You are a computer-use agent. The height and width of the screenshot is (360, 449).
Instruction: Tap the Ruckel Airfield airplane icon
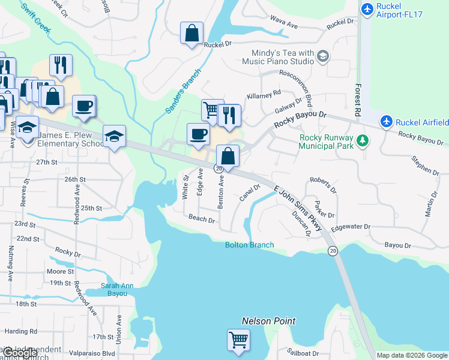point(387,122)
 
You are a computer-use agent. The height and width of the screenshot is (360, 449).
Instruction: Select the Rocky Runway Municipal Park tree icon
point(362,141)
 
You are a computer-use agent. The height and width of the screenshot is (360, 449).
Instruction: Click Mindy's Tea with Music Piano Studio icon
point(324,57)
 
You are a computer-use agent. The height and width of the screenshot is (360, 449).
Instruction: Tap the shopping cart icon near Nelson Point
point(238,340)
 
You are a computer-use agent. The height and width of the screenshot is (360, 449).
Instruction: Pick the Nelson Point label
point(268,321)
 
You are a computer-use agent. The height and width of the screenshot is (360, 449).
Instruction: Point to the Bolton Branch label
point(249,245)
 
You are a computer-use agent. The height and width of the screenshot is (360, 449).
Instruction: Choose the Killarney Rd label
point(264,94)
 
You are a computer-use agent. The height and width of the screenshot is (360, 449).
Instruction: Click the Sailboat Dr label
point(303,353)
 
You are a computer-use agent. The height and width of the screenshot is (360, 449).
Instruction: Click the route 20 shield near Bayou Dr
point(333,250)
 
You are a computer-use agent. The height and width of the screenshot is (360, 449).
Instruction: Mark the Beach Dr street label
point(202,219)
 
